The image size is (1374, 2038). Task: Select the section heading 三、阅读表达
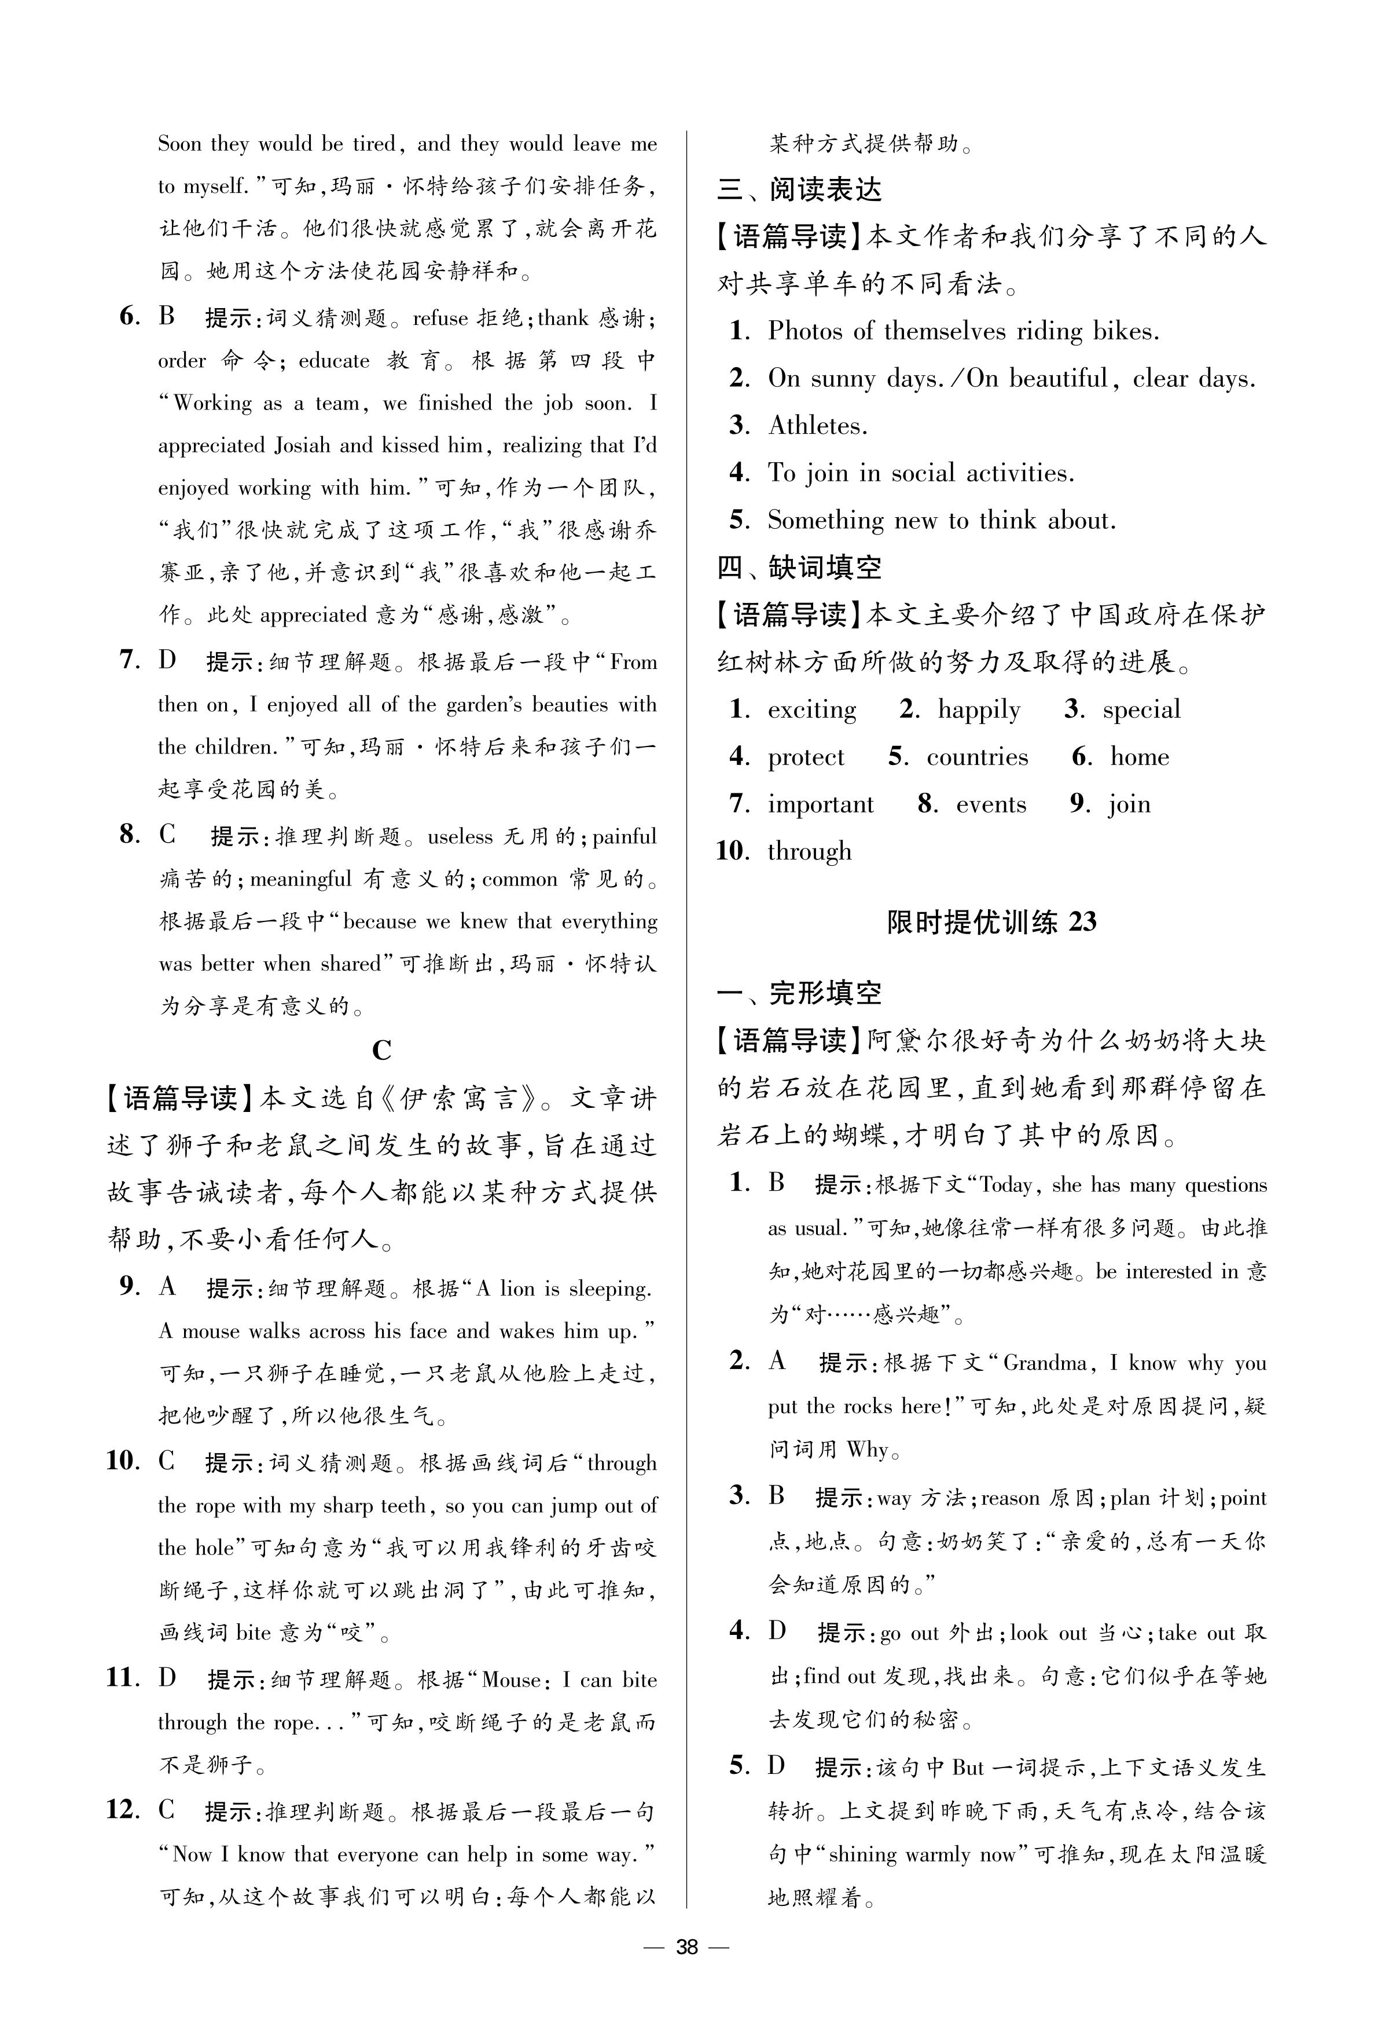799,190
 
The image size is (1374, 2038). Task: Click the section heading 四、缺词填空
799,568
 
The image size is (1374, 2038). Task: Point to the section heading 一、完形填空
799,993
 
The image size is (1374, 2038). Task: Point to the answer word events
990,804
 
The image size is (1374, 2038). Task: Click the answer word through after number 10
809,851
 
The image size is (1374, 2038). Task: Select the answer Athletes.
818,426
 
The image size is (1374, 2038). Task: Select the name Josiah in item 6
303,445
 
